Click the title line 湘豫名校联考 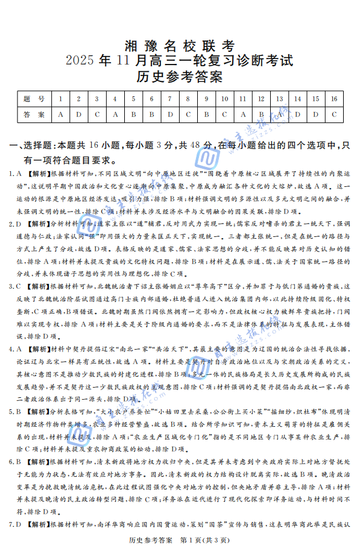[180, 46]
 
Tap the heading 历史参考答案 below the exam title [180, 77]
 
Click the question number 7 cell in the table [171, 99]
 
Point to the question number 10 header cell [225, 99]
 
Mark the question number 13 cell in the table [280, 99]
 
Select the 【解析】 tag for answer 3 [38, 286]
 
